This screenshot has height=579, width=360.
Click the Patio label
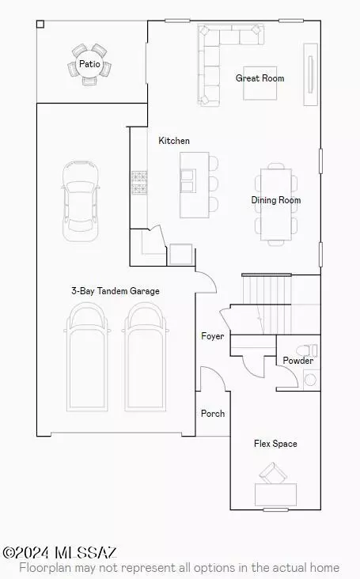89,64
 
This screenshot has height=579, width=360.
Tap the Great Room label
260,78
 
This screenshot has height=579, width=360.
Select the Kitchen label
174,141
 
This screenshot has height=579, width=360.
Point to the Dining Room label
276,200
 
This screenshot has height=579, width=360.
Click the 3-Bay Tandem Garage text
116,291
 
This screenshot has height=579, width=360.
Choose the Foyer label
212,336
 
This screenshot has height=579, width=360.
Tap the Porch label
213,414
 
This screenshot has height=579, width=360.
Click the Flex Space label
275,444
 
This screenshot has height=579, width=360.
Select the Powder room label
298,361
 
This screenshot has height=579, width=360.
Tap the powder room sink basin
310,380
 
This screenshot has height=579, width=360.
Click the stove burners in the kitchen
139,183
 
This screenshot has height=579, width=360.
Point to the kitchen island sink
188,180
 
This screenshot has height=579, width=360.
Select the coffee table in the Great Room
260,83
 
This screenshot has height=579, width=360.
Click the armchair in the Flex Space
273,473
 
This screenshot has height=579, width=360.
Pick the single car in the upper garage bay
81,201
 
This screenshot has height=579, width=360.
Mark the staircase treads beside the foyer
267,305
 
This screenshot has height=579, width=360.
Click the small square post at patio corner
40,25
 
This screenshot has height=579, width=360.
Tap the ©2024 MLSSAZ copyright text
60,553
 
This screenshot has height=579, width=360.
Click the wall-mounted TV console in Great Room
310,74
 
